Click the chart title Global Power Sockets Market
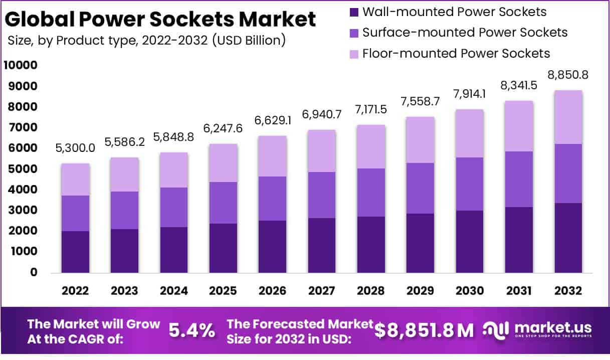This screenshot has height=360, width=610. pyautogui.click(x=160, y=19)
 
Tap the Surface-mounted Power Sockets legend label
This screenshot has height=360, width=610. pyautogui.click(x=465, y=33)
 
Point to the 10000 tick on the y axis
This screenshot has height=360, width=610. pyautogui.click(x=21, y=66)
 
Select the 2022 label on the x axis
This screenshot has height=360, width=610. pyautogui.click(x=76, y=291)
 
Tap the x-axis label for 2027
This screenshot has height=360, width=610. pyautogui.click(x=322, y=291)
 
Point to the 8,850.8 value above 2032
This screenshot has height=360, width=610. pyautogui.click(x=568, y=75)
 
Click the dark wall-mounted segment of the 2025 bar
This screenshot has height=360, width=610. pyautogui.click(x=223, y=248)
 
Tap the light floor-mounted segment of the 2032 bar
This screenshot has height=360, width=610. pyautogui.click(x=568, y=117)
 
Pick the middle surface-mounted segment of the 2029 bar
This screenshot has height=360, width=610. pyautogui.click(x=420, y=188)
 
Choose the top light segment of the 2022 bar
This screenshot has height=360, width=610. pyautogui.click(x=76, y=179)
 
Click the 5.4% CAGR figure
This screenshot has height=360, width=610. pyautogui.click(x=192, y=330)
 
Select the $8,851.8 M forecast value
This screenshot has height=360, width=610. pyautogui.click(x=424, y=330)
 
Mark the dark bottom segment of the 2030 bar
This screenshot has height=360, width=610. pyautogui.click(x=469, y=241)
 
